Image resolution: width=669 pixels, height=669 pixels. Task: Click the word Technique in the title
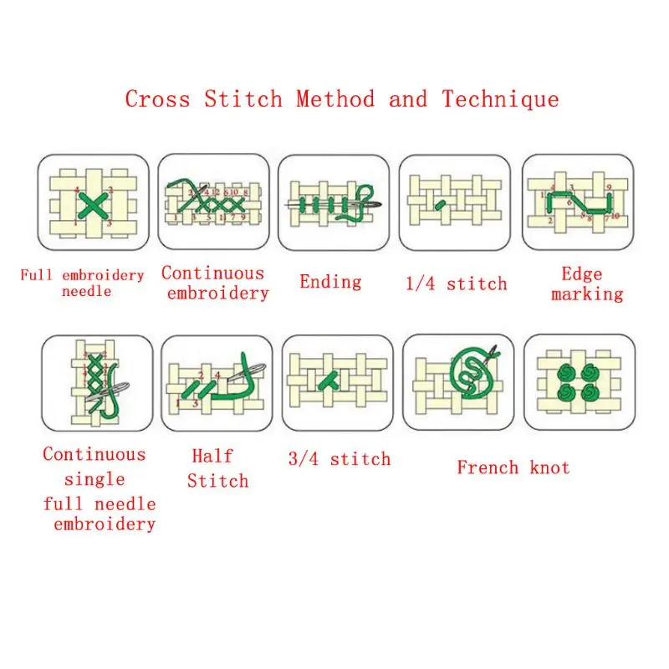[500, 100]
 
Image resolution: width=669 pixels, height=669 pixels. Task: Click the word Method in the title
[334, 100]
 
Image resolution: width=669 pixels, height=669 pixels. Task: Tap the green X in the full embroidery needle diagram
[94, 203]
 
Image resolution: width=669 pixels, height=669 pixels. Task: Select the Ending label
[330, 281]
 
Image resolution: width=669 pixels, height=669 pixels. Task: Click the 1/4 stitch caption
[456, 283]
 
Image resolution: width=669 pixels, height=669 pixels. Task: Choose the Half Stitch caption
[217, 468]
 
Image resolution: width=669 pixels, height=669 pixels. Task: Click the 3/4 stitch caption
[339, 458]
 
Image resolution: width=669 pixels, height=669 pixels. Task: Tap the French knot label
[513, 467]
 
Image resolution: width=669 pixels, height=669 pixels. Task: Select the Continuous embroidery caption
[214, 283]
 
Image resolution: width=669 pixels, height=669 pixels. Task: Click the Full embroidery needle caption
[82, 283]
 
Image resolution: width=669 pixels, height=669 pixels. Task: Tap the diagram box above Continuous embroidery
[214, 202]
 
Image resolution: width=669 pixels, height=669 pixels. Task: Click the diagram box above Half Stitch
[217, 383]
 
